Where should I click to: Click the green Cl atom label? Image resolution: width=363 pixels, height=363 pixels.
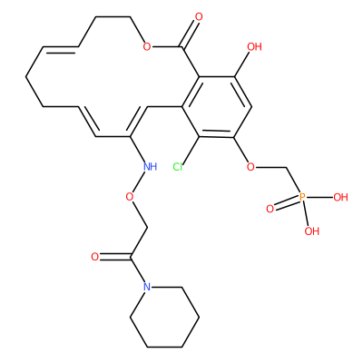pyautogui.click(x=178, y=167)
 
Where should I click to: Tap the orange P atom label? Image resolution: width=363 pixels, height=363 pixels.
pyautogui.click(x=302, y=198)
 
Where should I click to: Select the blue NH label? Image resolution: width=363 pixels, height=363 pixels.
pyautogui.click(x=151, y=166)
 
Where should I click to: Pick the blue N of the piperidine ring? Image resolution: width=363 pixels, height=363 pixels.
pyautogui.click(x=147, y=287)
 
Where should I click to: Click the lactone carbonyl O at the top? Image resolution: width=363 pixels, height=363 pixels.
pyautogui.click(x=199, y=16)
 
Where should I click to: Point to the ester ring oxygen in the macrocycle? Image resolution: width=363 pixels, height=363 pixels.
pyautogui.click(x=147, y=46)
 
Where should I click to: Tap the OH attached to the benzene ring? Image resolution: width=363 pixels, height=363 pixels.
pyautogui.click(x=254, y=47)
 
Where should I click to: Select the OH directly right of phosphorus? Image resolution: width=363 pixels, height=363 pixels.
pyautogui.click(x=340, y=198)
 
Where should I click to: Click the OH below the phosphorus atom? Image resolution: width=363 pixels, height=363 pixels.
pyautogui.click(x=312, y=231)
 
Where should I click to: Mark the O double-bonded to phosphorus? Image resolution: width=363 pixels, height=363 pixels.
pyautogui.click(x=270, y=209)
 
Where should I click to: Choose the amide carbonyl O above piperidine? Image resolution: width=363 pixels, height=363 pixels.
pyautogui.click(x=95, y=257)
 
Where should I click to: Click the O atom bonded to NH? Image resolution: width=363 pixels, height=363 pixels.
pyautogui.click(x=130, y=197)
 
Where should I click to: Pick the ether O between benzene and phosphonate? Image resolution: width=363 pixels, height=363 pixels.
pyautogui.click(x=250, y=167)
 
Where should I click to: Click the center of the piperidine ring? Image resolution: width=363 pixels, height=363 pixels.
pyautogui.click(x=164, y=317)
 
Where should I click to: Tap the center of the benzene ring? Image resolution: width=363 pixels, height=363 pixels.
pyautogui.click(x=216, y=107)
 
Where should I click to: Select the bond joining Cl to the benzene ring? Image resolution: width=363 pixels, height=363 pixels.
pyautogui.click(x=191, y=150)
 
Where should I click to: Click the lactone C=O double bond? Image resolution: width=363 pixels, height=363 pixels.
pyautogui.click(x=191, y=33)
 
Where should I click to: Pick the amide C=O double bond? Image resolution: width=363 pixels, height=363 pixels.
pyautogui.click(x=114, y=257)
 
